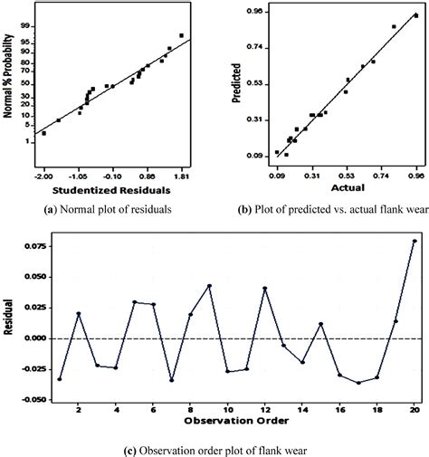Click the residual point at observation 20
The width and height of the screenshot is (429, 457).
click(415, 241)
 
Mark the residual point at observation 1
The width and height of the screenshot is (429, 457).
click(60, 378)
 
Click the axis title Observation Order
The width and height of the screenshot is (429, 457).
click(236, 422)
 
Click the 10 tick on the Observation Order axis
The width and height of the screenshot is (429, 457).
click(228, 409)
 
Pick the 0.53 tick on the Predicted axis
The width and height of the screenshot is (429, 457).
click(253, 83)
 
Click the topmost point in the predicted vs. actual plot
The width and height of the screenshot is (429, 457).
click(416, 14)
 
